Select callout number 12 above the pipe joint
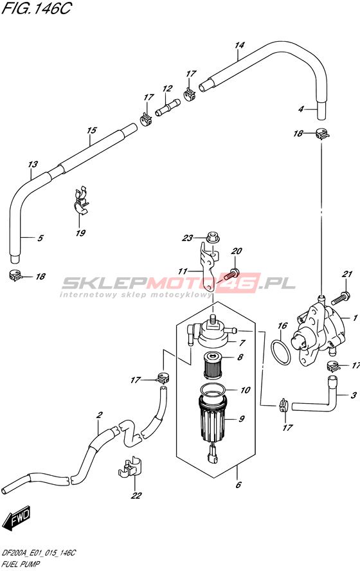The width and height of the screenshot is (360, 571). (167, 89)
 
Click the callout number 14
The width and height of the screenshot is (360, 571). (239, 46)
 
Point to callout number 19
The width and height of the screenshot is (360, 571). (80, 233)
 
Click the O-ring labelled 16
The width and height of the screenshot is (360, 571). (282, 352)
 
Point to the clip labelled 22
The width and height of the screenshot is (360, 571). (130, 467)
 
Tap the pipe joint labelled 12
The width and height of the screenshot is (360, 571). (168, 107)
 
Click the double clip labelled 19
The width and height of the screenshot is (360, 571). (80, 202)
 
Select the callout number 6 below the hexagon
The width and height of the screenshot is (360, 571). (239, 485)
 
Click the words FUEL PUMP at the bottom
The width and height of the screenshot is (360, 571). (21, 565)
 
